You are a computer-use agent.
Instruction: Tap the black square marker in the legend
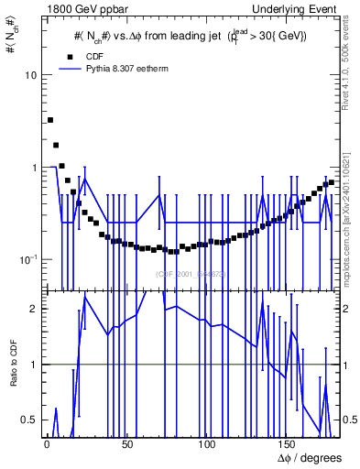pyautogui.click(x=70, y=56)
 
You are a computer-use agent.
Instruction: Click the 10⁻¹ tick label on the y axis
pyautogui.click(x=27, y=260)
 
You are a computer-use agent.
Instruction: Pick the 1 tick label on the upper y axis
pyautogui.click(x=32, y=168)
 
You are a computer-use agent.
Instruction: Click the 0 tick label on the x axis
pyautogui.click(x=46, y=443)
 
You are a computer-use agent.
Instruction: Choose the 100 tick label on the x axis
pyautogui.click(x=207, y=443)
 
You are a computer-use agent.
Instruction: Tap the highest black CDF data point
pyautogui.click(x=50, y=120)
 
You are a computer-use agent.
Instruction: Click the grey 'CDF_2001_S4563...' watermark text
pyautogui.click(x=191, y=274)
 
